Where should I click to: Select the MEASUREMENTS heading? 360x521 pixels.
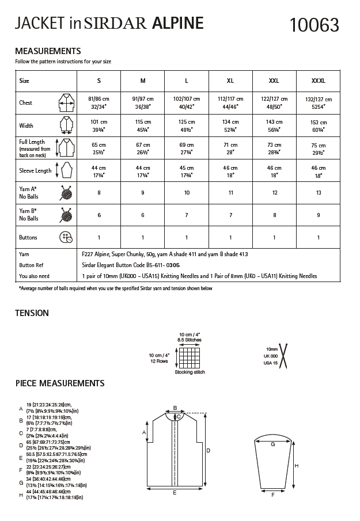[47, 51]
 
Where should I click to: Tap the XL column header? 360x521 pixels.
[230, 81]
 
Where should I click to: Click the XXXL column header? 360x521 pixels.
[318, 81]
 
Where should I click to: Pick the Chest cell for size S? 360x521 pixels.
[99, 102]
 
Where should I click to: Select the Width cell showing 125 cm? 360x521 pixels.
[187, 126]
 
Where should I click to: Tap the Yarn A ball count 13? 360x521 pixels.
[318, 193]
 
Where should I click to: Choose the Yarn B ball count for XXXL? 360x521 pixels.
[318, 215]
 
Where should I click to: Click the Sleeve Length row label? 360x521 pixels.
[35, 170]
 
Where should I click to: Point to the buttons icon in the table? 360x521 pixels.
[66, 238]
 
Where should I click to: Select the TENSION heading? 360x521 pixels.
[32, 313]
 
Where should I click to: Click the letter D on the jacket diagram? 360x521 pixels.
[207, 450]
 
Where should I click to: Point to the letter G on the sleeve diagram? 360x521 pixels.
[272, 444]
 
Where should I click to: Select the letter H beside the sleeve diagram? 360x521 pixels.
[296, 466]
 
